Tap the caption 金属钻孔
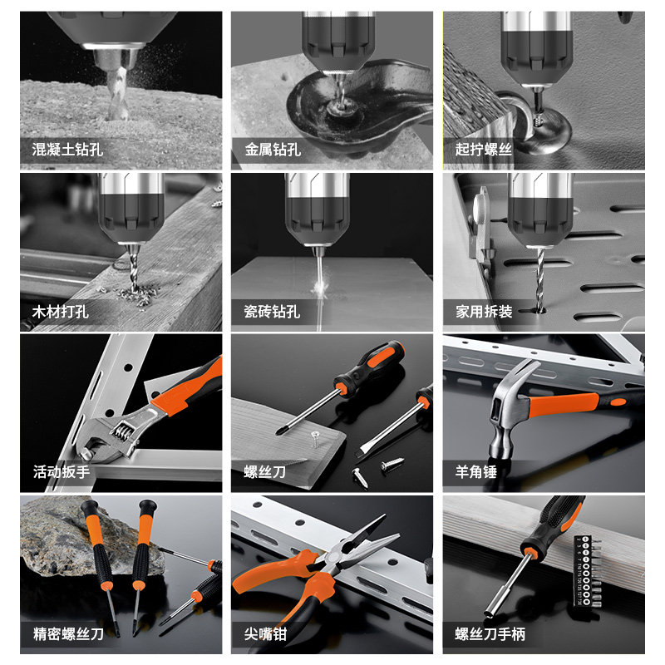[x=273, y=150]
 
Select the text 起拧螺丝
[x=484, y=150]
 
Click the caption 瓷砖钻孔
[x=273, y=313]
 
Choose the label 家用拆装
[x=484, y=313]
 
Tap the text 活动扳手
[x=61, y=473]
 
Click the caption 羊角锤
[x=476, y=473]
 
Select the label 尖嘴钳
[x=265, y=635]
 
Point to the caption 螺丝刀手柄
[x=490, y=635]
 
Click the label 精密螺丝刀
[x=67, y=635]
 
